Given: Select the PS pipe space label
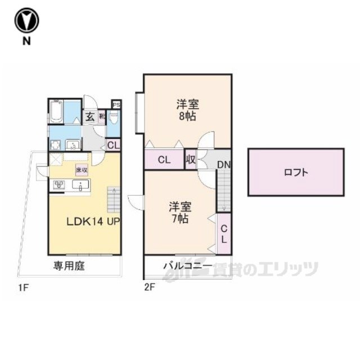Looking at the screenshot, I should pos(116,104).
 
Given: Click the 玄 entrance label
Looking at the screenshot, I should pos(90,117).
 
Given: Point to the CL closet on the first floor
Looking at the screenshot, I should pos(114,145).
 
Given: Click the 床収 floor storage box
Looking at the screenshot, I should pos(82,169).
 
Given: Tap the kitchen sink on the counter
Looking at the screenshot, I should pos(80,184).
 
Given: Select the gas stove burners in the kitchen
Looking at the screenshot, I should pos(59,184).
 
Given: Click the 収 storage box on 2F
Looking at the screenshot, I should pos(191,160).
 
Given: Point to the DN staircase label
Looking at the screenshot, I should pos(223,165).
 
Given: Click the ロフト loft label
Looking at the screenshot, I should pos(296,173).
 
